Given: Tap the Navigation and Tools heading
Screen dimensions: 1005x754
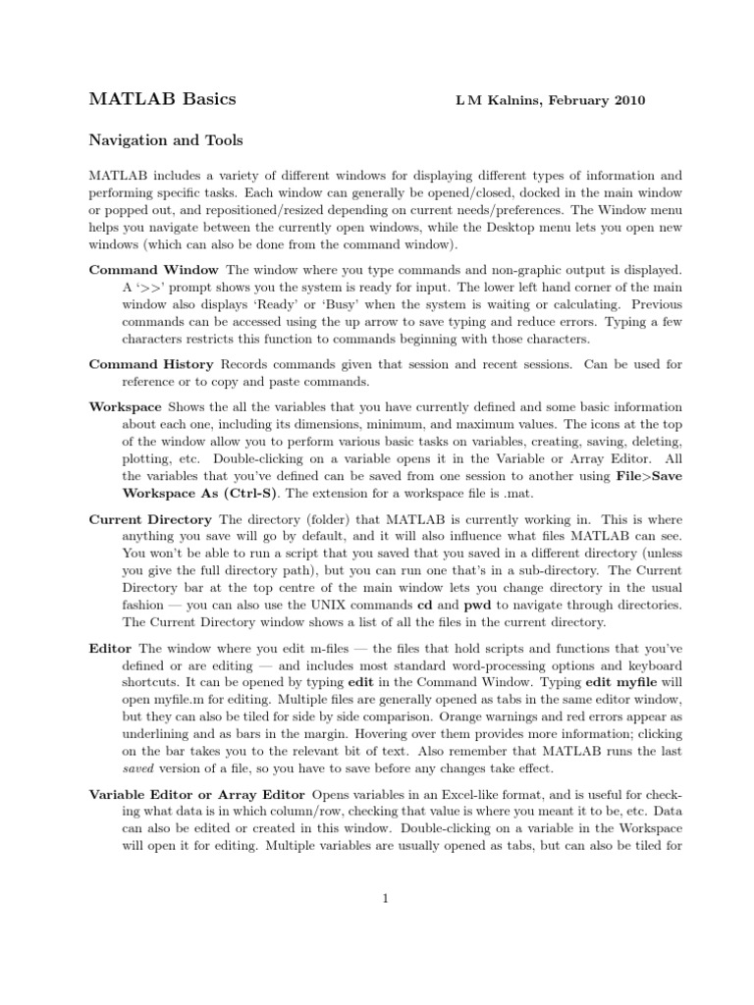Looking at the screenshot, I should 166,140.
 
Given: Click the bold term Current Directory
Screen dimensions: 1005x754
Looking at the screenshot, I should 150,519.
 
